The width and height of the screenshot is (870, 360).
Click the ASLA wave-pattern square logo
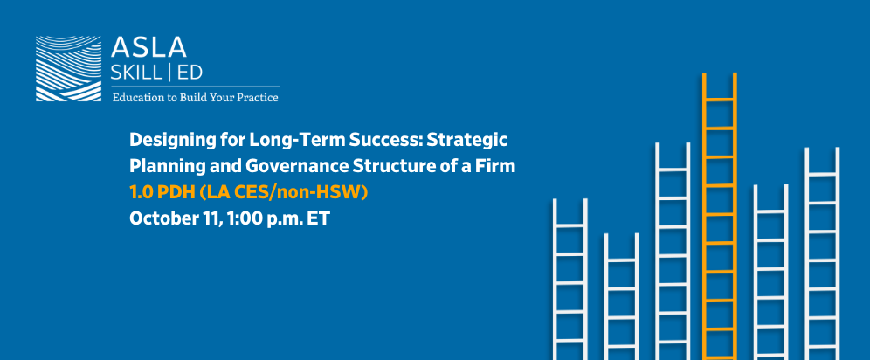(68, 69)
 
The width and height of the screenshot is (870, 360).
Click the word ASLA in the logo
(148, 48)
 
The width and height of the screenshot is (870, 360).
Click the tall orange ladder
(720, 217)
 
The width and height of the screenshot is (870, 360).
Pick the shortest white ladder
(621, 296)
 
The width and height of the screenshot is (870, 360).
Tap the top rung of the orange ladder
(720, 100)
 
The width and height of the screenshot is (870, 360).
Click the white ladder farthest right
(822, 253)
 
